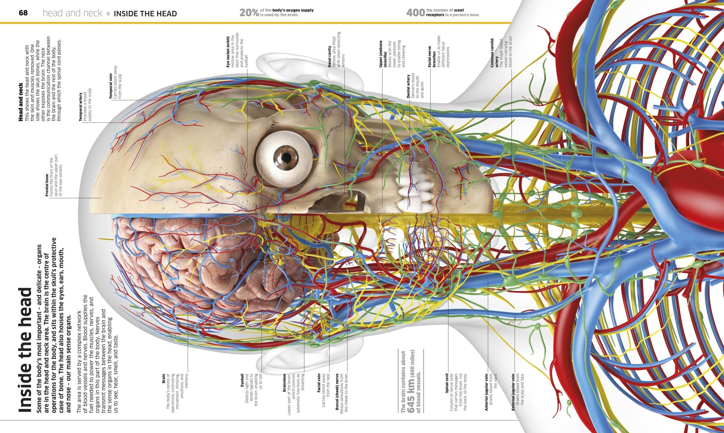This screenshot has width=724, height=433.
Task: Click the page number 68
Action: [x=23, y=13]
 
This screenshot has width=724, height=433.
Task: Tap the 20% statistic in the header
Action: [x=250, y=13]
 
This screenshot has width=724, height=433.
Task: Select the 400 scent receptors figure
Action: [x=415, y=13]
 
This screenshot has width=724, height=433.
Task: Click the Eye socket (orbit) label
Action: [x=228, y=51]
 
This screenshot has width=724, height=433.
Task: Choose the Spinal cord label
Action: [x=447, y=383]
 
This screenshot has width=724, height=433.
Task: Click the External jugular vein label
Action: [x=513, y=392]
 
